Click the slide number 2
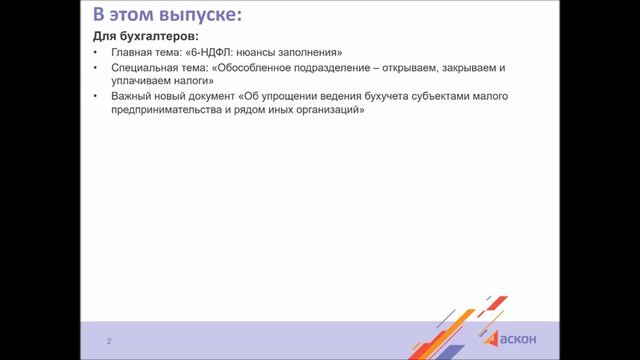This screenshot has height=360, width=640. point(109,342)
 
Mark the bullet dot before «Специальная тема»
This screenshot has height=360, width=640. point(95,68)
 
